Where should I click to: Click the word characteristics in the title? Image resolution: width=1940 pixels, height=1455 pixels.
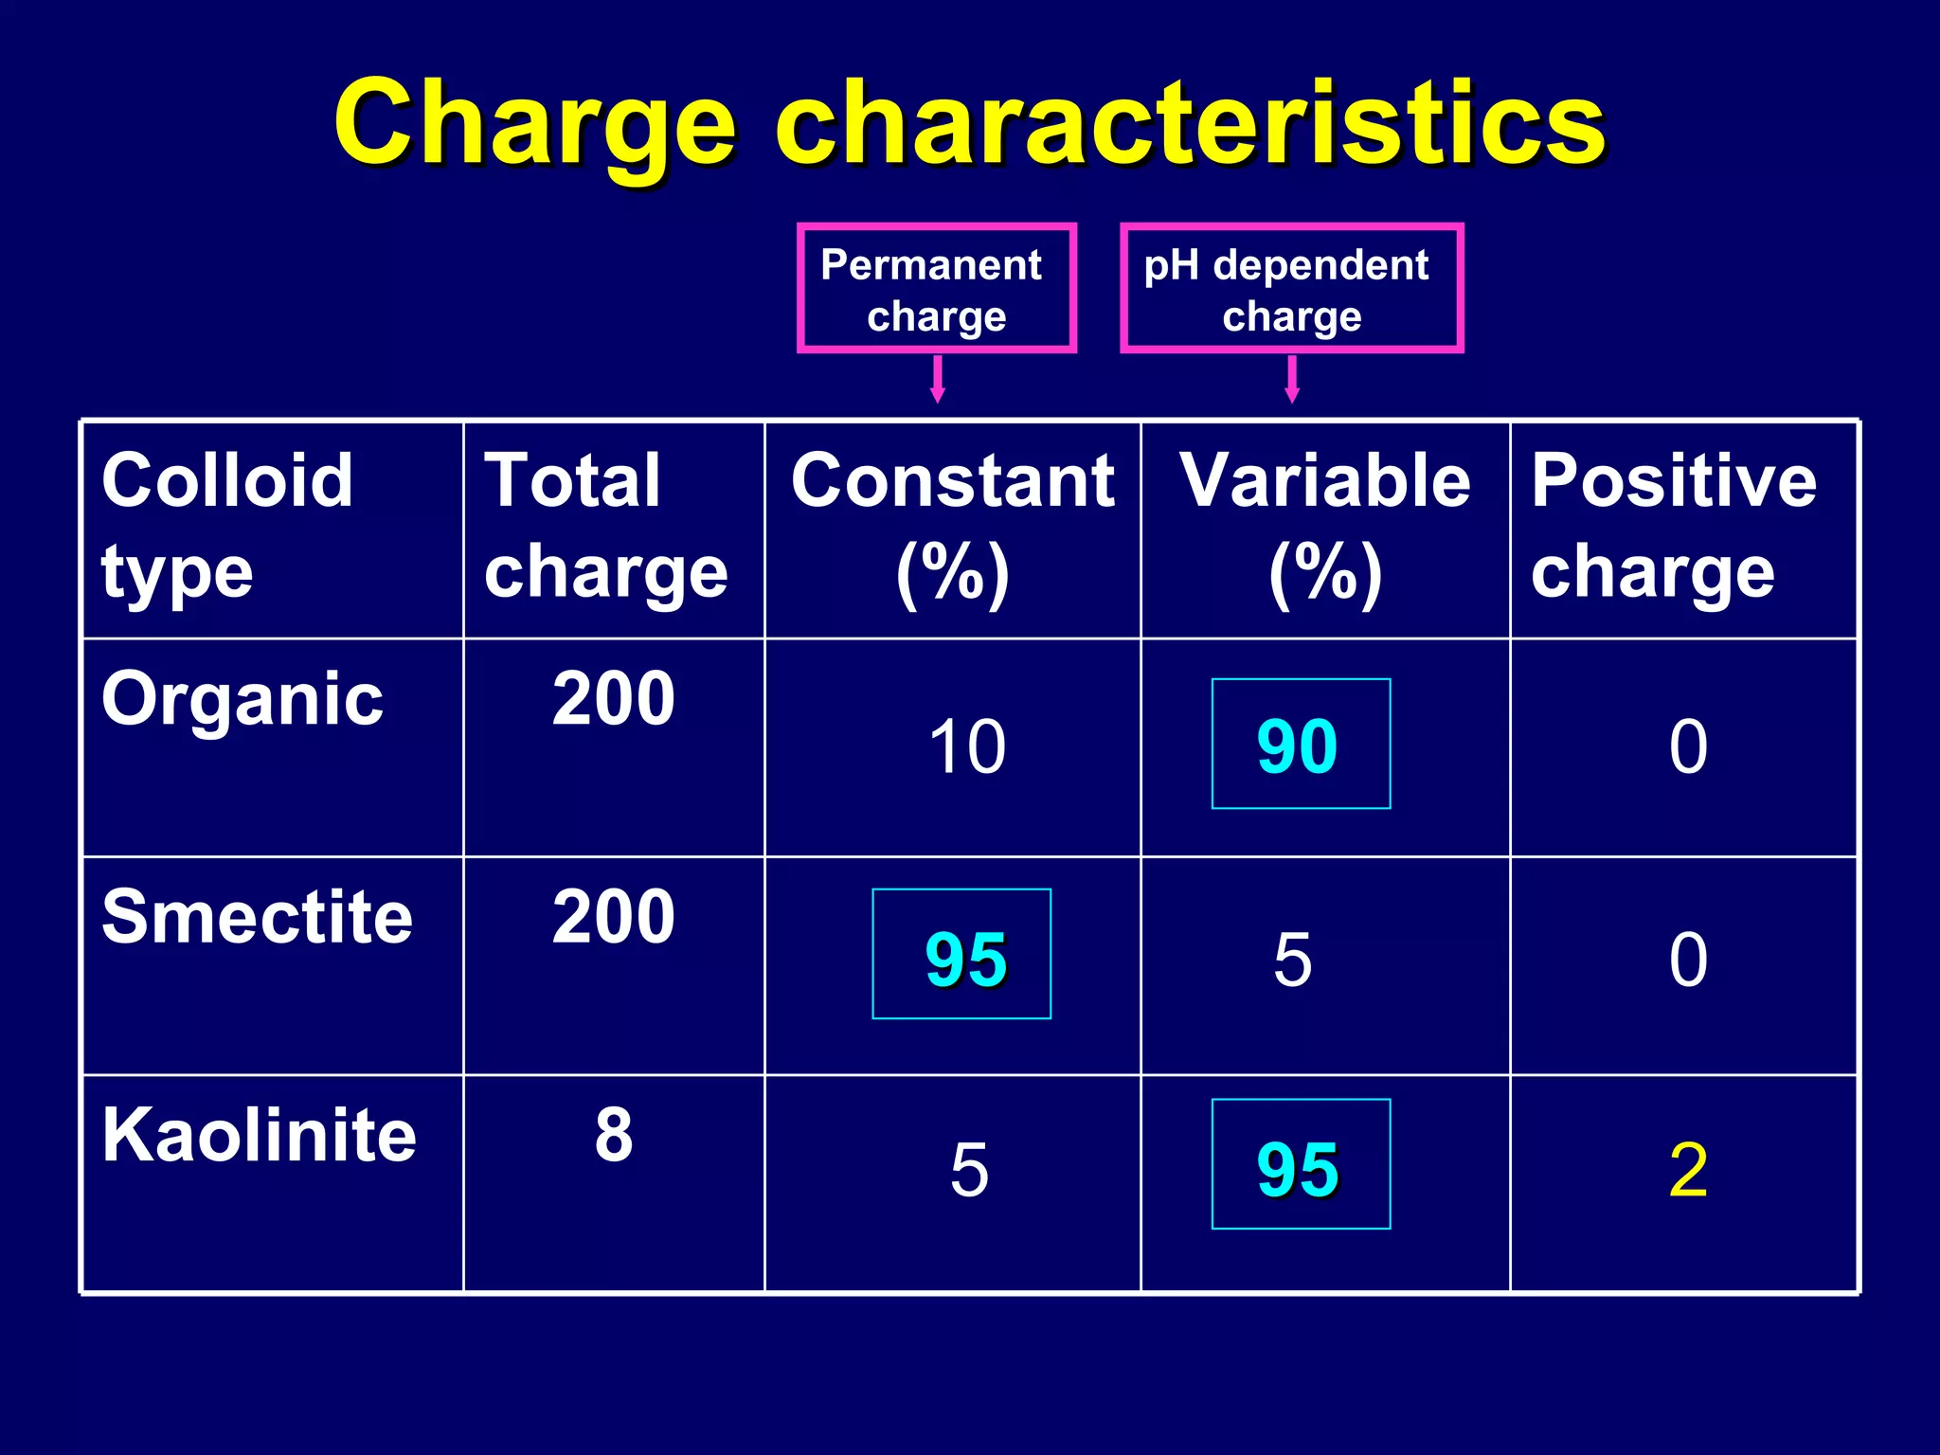pyautogui.click(x=1190, y=125)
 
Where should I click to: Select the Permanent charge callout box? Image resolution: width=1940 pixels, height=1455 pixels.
pyautogui.click(x=936, y=289)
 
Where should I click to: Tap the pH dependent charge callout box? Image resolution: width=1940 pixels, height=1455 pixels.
pyautogui.click(x=1290, y=289)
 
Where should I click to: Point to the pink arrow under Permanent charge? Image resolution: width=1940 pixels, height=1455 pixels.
pyautogui.click(x=938, y=379)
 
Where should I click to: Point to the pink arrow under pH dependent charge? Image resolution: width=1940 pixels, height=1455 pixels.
pyautogui.click(x=1292, y=379)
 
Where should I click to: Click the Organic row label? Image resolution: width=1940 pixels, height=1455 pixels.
pyautogui.click(x=242, y=699)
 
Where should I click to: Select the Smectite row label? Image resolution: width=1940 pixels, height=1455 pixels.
pyautogui.click(x=257, y=917)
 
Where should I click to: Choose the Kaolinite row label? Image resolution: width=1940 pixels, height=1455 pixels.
pyautogui.click(x=259, y=1135)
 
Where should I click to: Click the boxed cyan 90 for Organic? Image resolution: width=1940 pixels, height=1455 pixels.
pyautogui.click(x=1300, y=745)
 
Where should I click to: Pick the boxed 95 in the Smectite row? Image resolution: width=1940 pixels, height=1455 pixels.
pyautogui.click(x=962, y=955)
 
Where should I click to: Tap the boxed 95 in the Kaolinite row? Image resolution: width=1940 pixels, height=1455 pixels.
pyautogui.click(x=1300, y=1165)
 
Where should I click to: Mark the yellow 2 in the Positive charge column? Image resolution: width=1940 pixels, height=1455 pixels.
pyautogui.click(x=1688, y=1171)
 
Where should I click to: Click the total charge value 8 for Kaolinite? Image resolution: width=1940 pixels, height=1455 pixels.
pyautogui.click(x=614, y=1134)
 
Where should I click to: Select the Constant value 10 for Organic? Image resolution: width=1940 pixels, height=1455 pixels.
pyautogui.click(x=966, y=746)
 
